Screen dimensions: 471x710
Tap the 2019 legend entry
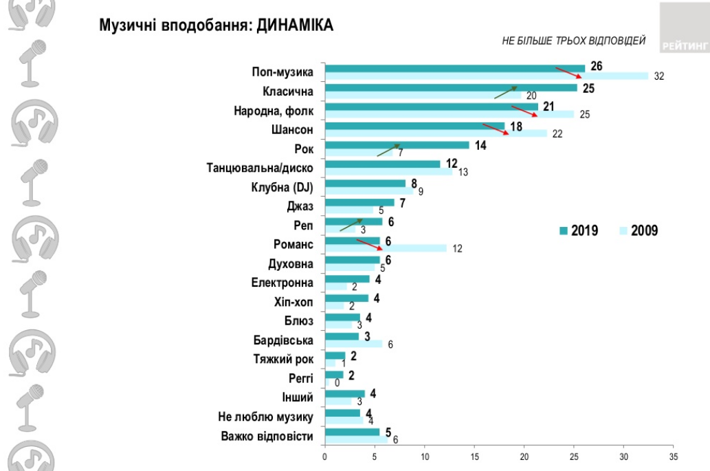tap(577, 231)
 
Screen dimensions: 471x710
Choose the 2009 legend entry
tap(639, 231)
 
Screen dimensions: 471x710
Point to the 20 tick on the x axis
tap(524, 456)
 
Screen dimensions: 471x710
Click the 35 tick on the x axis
tap(674, 456)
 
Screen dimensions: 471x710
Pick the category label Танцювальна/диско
tap(260, 167)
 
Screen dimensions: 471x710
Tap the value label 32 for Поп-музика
tap(658, 76)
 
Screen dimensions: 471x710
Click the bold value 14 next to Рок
tap(480, 145)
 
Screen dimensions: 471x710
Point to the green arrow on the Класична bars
tap(505, 93)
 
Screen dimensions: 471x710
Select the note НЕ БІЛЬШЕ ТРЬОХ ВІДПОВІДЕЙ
tap(574, 42)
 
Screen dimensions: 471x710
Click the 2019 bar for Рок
tap(397, 145)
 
